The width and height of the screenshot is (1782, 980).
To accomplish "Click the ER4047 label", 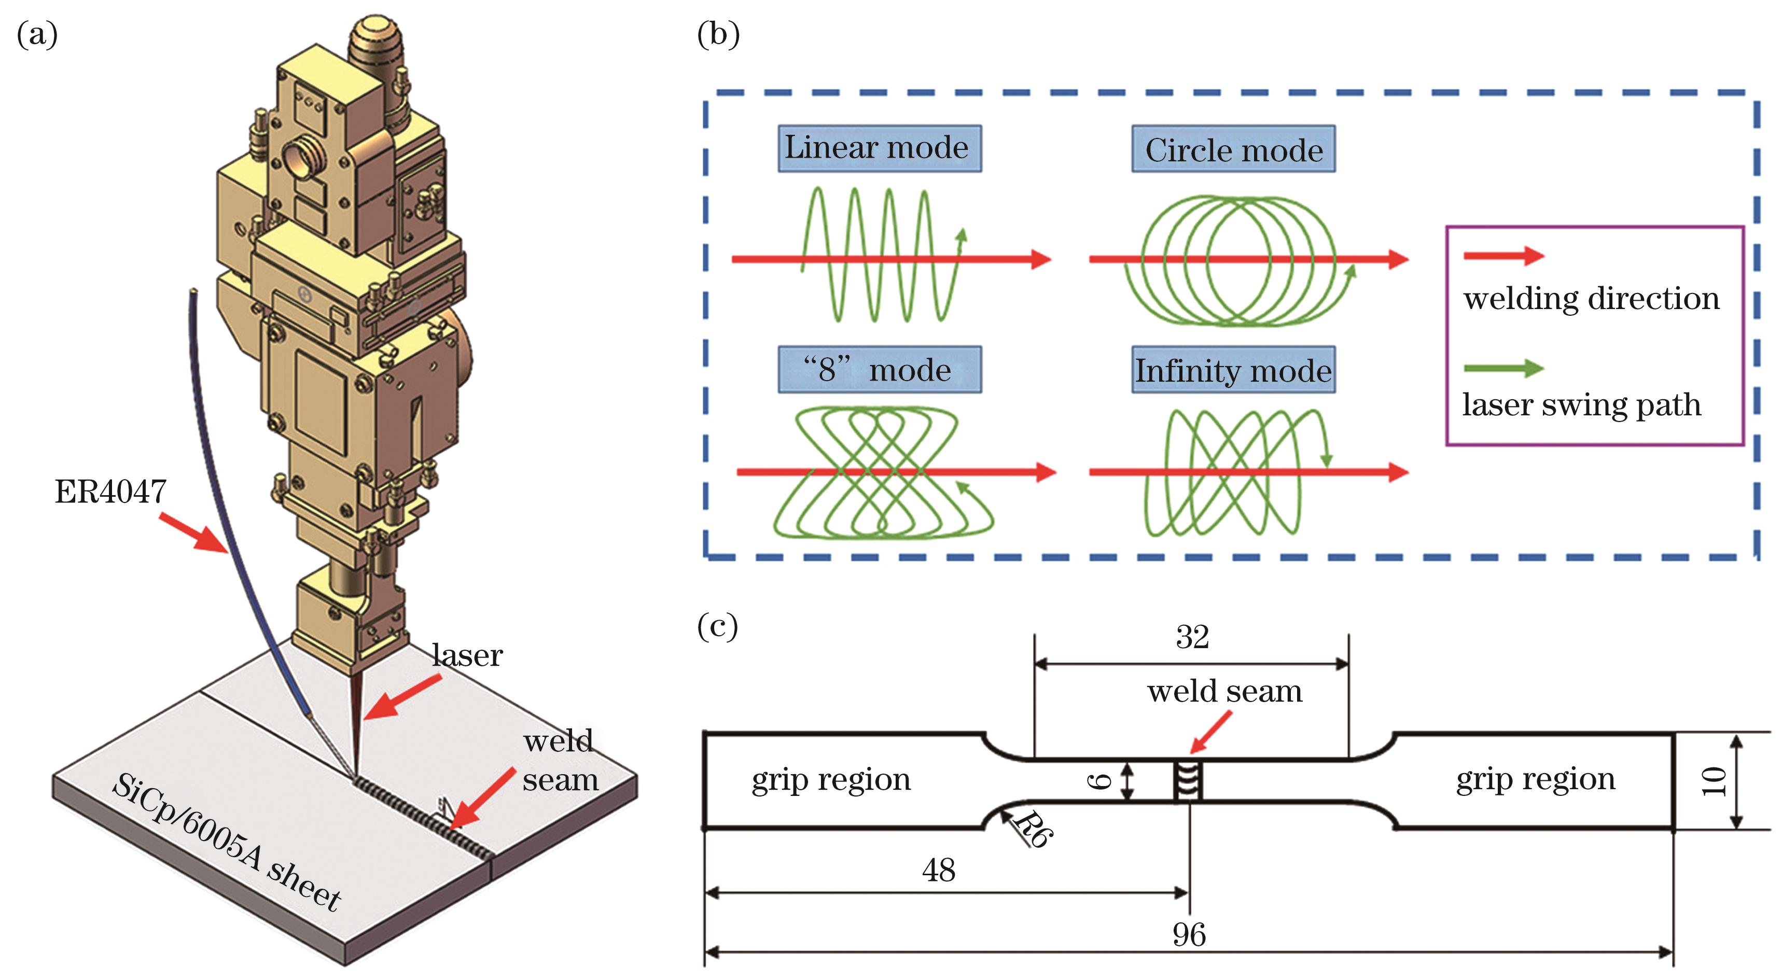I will click(x=110, y=492).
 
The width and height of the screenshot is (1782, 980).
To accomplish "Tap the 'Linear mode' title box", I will click(x=879, y=148).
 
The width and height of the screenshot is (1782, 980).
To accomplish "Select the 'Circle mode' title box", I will click(x=1233, y=149).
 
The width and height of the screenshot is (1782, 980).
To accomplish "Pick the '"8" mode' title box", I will click(x=879, y=370).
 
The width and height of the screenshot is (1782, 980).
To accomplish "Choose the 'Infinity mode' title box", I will click(x=1233, y=370).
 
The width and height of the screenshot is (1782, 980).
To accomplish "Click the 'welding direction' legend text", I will click(x=1591, y=299).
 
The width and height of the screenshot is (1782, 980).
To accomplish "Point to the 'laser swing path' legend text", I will click(x=1581, y=404).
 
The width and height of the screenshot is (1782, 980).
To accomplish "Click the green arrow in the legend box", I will click(x=1503, y=368).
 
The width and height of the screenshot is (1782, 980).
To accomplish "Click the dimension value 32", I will click(x=1192, y=637).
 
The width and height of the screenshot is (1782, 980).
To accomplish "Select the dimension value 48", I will click(x=939, y=870).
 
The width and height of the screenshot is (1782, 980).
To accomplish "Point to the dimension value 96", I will click(x=1189, y=935).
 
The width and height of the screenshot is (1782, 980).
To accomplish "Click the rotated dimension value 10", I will click(x=1713, y=781).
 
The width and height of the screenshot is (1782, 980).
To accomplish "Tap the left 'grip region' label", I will click(x=831, y=779).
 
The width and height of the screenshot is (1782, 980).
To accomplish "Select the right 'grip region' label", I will click(x=1535, y=779).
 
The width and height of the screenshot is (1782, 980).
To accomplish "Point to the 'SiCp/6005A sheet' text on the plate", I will click(x=227, y=843).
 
